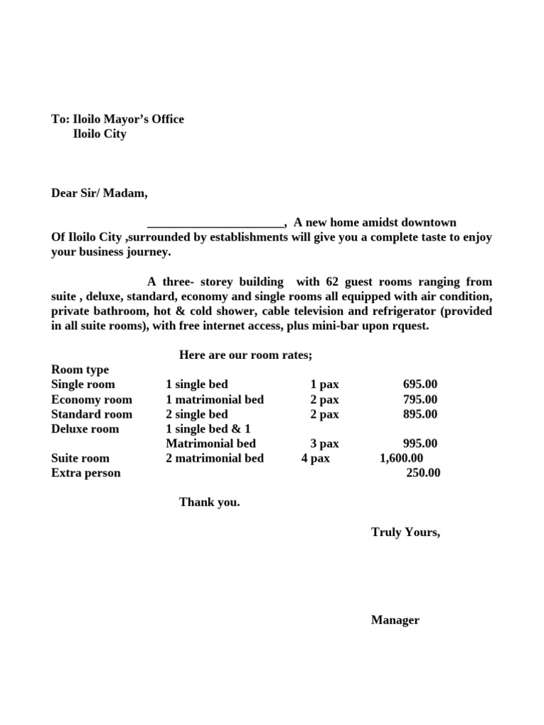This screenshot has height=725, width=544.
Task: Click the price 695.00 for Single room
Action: point(420,384)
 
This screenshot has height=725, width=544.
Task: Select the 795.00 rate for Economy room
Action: point(420,399)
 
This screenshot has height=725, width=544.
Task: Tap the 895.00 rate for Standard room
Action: point(420,414)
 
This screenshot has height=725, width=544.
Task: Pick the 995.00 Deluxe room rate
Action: point(420,444)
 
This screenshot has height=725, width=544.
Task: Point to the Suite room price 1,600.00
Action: point(402,458)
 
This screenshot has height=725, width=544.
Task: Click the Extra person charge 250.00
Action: point(423,473)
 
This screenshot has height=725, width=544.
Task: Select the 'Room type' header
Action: point(80,370)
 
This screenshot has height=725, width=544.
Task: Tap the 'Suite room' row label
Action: point(80,458)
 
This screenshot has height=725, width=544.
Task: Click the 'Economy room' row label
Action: point(91,399)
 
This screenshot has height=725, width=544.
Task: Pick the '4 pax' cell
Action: point(315,458)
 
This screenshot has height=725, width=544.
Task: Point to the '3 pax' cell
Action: point(324,444)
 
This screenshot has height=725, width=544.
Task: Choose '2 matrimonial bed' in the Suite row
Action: point(215,458)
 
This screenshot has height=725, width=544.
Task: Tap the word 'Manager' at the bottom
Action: point(395,620)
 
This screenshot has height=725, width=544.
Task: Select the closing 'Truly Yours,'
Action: point(405,532)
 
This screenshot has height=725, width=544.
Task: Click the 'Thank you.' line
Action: point(210,502)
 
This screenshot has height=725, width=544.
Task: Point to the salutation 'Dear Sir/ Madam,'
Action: point(100,193)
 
